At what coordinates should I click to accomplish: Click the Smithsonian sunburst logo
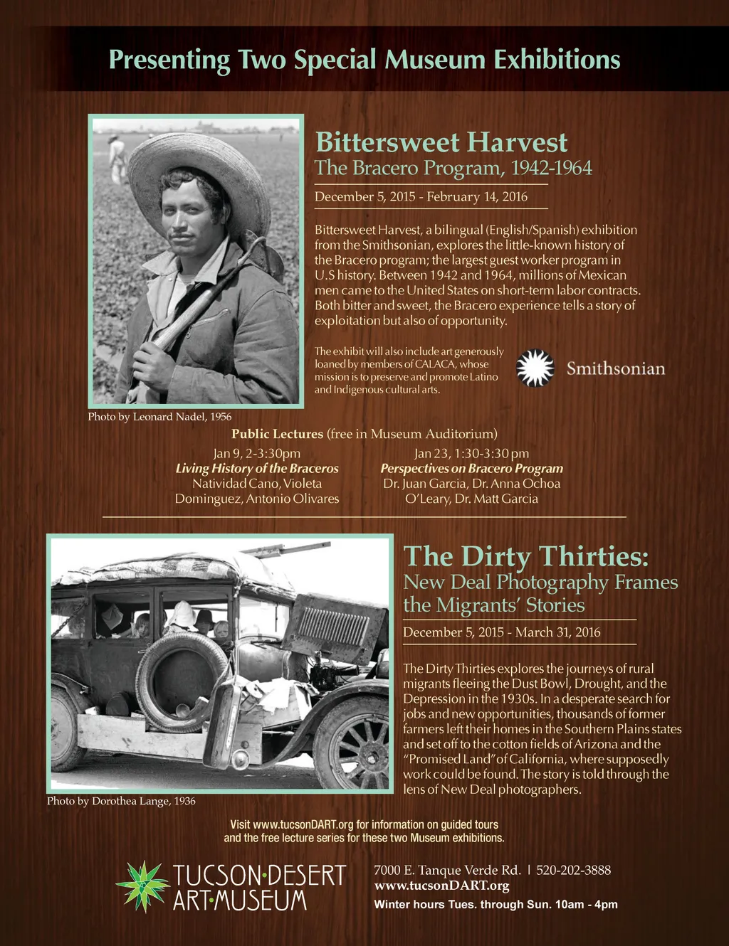click(535, 368)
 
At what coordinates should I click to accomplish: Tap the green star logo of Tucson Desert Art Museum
click(143, 886)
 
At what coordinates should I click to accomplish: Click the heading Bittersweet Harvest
click(441, 142)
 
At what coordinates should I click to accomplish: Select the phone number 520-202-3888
click(573, 870)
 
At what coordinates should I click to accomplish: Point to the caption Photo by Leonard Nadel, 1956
click(159, 417)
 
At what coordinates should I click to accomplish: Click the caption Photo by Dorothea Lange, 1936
click(121, 801)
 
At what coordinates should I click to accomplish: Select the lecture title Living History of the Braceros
click(257, 468)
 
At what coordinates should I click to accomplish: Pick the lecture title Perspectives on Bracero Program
click(471, 468)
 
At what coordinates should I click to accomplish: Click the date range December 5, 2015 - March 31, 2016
click(502, 632)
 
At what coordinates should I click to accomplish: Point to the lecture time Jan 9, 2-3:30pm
click(257, 453)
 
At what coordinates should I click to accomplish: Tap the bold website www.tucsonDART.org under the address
click(441, 886)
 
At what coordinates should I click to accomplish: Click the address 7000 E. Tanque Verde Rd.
click(447, 870)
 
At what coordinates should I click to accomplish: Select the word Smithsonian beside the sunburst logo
click(616, 368)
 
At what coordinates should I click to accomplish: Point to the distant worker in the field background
click(117, 159)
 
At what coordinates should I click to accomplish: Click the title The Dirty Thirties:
click(526, 556)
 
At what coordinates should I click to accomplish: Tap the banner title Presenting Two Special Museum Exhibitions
click(364, 59)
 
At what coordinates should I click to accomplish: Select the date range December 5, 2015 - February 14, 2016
click(421, 196)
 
